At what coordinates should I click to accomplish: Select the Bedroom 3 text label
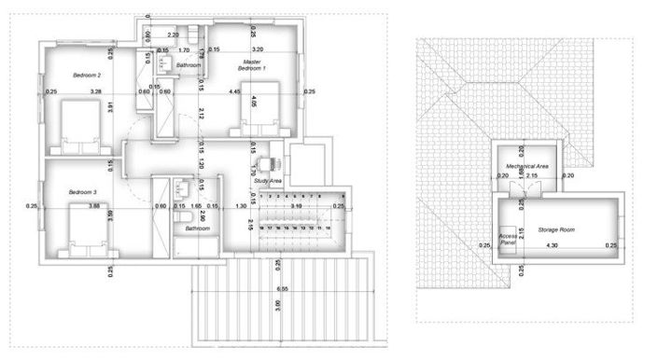83,192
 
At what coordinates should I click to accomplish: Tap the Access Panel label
508,239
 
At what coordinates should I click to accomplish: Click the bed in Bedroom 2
78,125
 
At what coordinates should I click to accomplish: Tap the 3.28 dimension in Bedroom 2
95,91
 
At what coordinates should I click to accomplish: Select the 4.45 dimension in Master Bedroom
235,91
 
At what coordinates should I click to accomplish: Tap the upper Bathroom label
189,66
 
